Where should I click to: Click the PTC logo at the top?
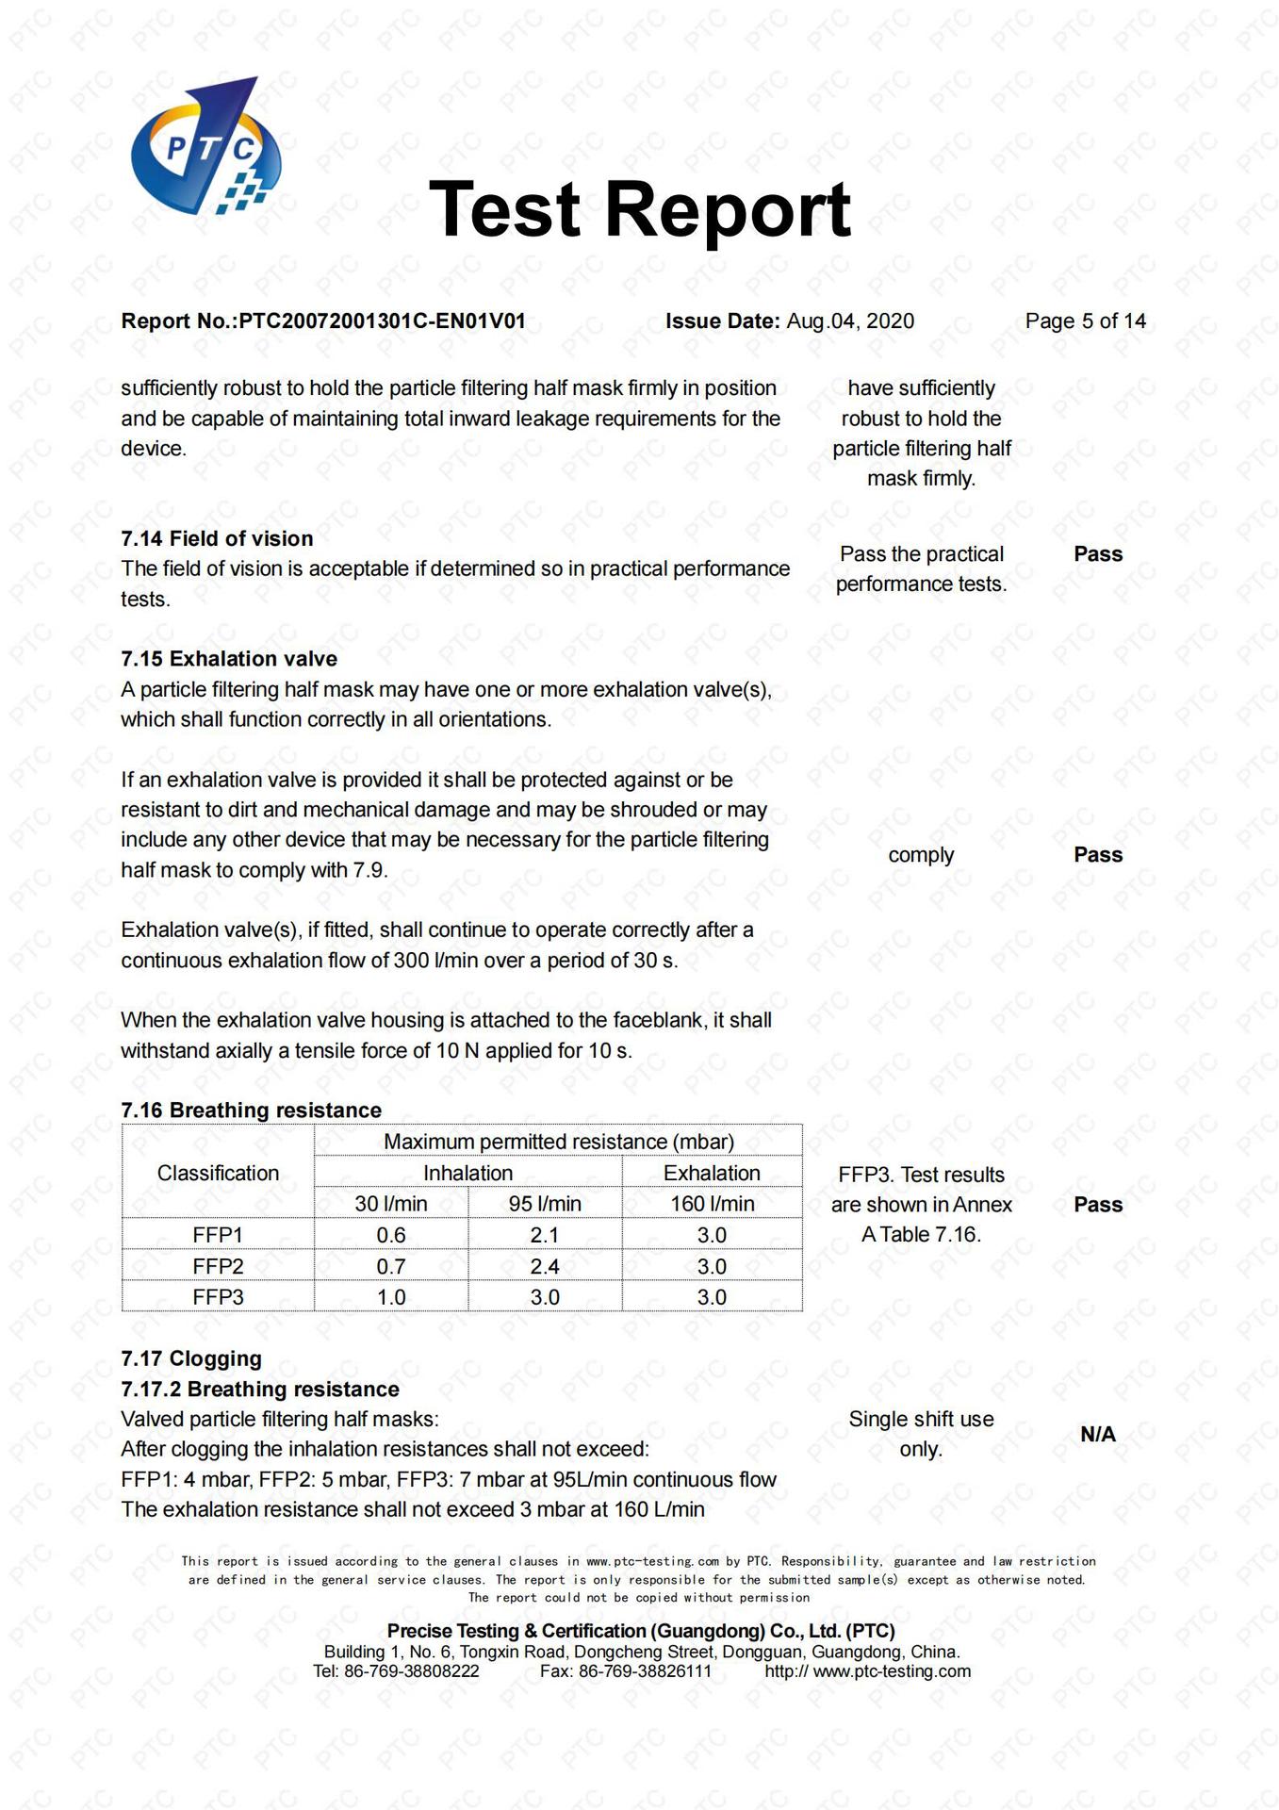click(x=205, y=147)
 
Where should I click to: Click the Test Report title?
click(x=639, y=209)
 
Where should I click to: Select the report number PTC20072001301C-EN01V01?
click(x=382, y=321)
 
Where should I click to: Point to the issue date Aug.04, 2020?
click(x=850, y=321)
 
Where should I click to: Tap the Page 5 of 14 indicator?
click(x=1085, y=321)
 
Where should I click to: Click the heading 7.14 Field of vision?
click(x=217, y=538)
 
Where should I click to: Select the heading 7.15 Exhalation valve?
click(x=229, y=659)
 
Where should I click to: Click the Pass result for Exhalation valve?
click(x=1098, y=855)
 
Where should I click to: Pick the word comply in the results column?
click(x=921, y=855)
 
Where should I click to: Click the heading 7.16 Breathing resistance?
click(x=251, y=1111)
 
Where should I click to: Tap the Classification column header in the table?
click(x=218, y=1173)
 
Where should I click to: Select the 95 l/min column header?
click(x=545, y=1204)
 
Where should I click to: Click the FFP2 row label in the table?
click(x=218, y=1266)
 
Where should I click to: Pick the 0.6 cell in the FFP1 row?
click(x=391, y=1235)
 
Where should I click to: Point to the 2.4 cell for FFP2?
click(x=545, y=1266)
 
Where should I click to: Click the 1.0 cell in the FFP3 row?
click(x=391, y=1297)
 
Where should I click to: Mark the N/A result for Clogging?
click(x=1098, y=1434)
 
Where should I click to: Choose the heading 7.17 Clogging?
click(x=191, y=1358)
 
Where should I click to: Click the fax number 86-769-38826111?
click(x=645, y=1671)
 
